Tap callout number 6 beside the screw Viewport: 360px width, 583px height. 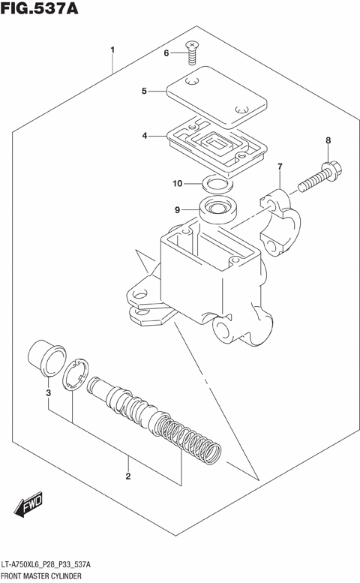[x=167, y=53]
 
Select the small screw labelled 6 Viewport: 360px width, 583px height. [x=193, y=51]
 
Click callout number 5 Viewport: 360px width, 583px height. [x=144, y=92]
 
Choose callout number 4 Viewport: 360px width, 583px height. [x=144, y=136]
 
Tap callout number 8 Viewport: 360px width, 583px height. [x=328, y=140]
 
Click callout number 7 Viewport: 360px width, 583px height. [x=280, y=167]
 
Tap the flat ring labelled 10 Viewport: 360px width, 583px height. [x=217, y=184]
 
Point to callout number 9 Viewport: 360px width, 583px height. [x=177, y=210]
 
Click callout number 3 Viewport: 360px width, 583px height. [x=48, y=393]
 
